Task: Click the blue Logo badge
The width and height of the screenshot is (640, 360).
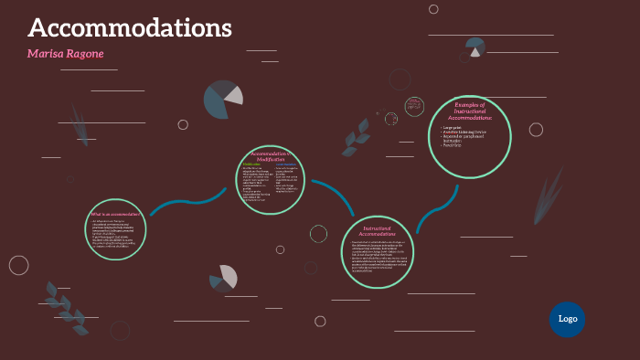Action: [x=567, y=319]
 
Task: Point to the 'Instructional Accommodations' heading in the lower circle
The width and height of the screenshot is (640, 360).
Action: [x=377, y=230]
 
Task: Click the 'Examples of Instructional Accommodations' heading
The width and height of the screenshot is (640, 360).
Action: [x=469, y=111]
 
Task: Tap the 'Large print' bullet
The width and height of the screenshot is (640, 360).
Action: [x=453, y=127]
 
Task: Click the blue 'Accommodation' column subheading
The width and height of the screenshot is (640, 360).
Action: [x=286, y=164]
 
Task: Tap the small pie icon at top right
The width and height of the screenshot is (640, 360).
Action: [x=475, y=47]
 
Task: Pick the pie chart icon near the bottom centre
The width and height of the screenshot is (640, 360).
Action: [x=223, y=278]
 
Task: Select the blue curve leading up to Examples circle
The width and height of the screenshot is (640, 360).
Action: [x=437, y=210]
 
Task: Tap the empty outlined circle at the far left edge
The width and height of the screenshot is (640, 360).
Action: [x=18, y=265]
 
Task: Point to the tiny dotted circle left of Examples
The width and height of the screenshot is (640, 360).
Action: [x=391, y=119]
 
